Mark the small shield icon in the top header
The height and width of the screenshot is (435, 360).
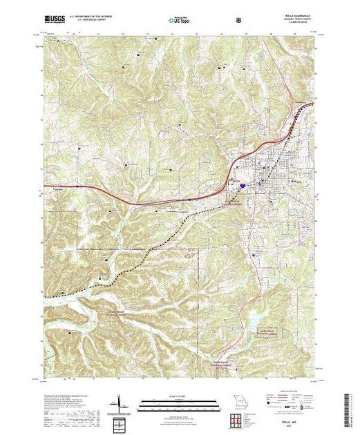(239, 21)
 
